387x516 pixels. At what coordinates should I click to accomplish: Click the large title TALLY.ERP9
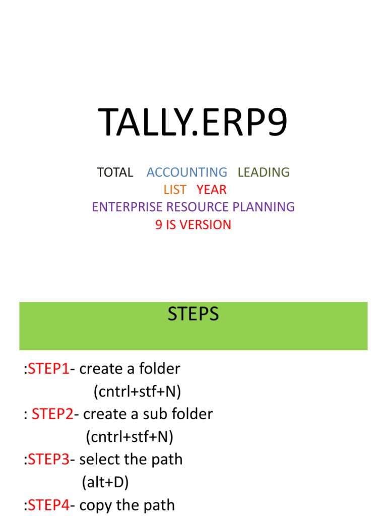(193, 123)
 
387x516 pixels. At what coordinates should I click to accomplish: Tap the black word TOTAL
(115, 172)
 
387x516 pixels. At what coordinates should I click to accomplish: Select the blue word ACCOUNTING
(187, 172)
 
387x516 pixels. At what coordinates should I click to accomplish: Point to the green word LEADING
(264, 172)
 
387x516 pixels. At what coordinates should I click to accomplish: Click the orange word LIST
(175, 190)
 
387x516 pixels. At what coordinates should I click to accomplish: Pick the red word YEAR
(212, 190)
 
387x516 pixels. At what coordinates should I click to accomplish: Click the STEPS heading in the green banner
(193, 314)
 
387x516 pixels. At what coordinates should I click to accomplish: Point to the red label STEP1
(49, 369)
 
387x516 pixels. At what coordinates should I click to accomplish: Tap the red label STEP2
(52, 415)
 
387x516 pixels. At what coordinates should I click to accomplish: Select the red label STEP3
(49, 460)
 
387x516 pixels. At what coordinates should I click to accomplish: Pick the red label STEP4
(49, 505)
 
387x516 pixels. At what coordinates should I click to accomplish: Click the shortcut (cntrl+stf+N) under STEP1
(137, 392)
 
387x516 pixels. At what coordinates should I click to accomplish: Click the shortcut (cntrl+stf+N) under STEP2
(130, 437)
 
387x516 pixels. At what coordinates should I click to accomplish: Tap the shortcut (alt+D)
(105, 483)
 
